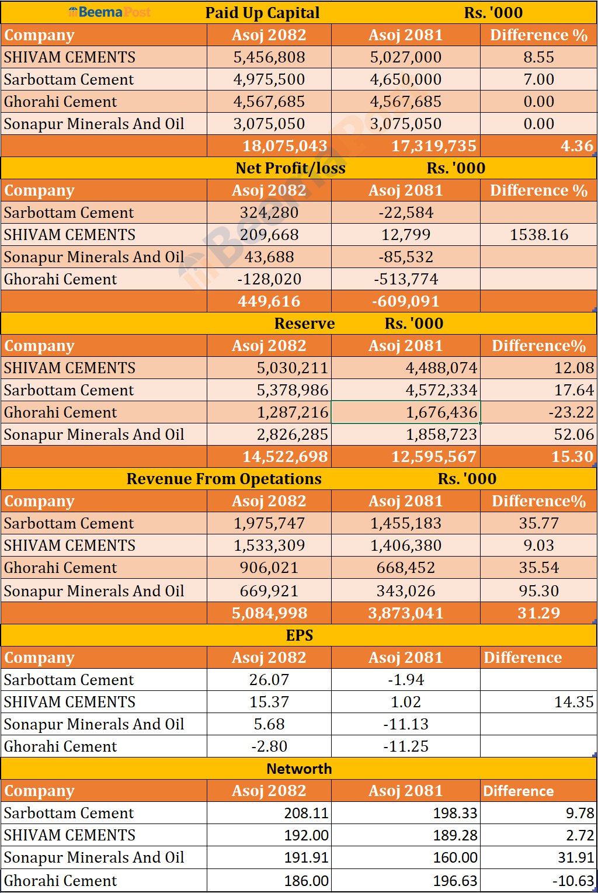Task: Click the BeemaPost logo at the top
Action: click(109, 12)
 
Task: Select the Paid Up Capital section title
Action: click(262, 13)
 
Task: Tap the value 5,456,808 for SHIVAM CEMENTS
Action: click(269, 57)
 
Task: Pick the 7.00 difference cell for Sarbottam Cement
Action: click(538, 79)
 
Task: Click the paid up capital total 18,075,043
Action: click(285, 146)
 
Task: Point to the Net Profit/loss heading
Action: click(290, 168)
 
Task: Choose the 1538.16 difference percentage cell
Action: click(538, 235)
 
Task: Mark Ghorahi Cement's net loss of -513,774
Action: click(406, 279)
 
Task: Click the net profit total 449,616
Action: click(269, 301)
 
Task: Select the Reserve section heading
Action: click(304, 324)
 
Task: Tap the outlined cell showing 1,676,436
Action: click(406, 412)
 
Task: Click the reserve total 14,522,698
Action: click(285, 457)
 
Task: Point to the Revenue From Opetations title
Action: click(224, 479)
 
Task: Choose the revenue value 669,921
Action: click(269, 591)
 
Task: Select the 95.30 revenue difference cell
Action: click(538, 591)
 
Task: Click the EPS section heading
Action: click(300, 635)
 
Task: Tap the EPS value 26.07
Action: click(269, 680)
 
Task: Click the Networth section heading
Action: click(299, 769)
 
